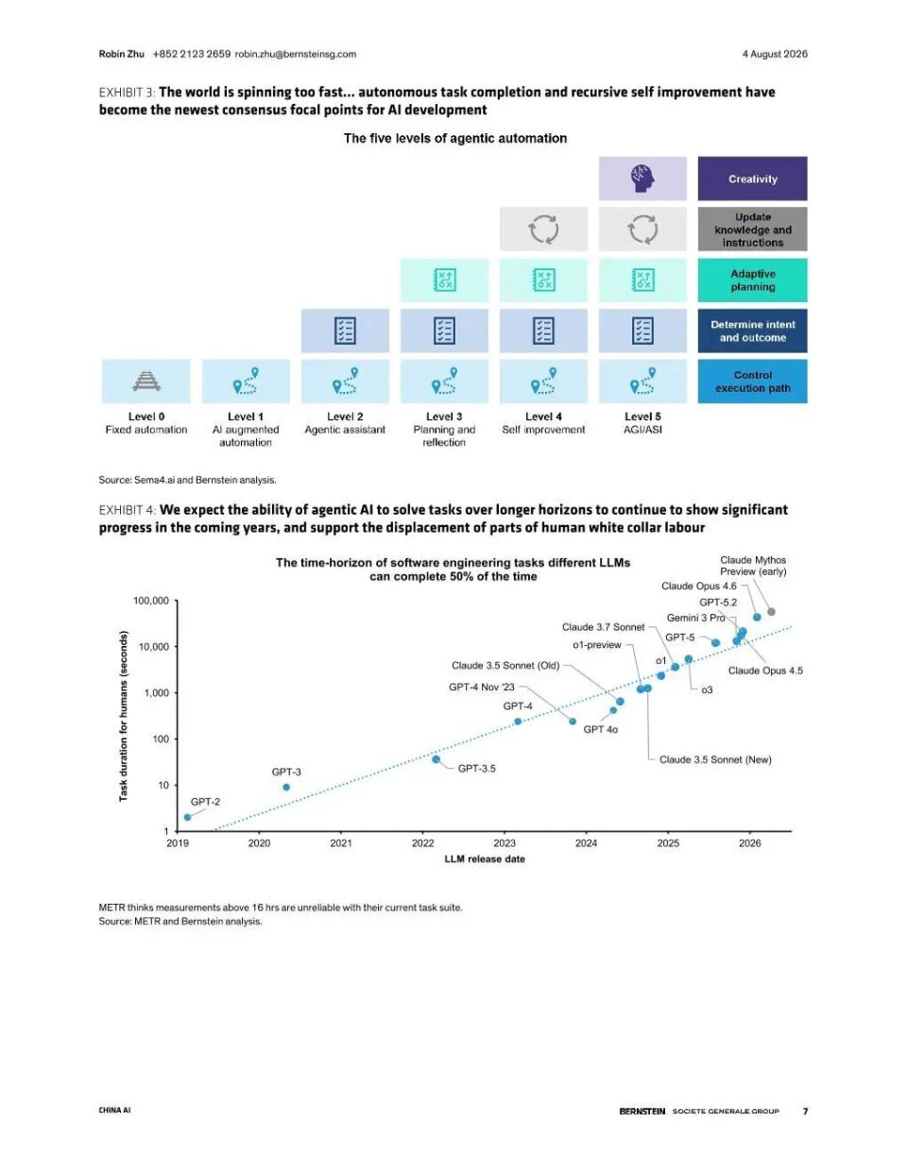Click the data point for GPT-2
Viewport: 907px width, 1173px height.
click(187, 817)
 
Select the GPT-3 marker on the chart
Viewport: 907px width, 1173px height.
click(286, 787)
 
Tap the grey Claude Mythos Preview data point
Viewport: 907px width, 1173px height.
click(772, 612)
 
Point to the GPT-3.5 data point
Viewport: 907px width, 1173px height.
click(436, 759)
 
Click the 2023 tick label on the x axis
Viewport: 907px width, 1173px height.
click(505, 843)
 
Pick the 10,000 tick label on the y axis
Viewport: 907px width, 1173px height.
click(154, 647)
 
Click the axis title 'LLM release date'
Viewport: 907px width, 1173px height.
click(485, 858)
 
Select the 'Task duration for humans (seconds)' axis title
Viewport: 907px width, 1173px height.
click(124, 716)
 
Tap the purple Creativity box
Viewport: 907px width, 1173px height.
click(753, 178)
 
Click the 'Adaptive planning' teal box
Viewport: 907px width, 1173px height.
click(753, 280)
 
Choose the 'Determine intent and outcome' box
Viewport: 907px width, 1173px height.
click(753, 331)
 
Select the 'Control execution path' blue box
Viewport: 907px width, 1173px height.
click(753, 382)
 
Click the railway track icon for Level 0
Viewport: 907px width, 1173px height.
click(146, 382)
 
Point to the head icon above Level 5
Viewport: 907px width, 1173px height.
click(642, 178)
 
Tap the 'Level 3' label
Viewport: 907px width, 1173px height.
click(444, 416)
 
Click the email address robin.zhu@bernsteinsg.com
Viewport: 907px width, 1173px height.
click(296, 54)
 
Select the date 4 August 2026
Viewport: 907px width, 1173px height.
click(775, 54)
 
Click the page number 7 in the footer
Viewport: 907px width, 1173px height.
click(806, 1111)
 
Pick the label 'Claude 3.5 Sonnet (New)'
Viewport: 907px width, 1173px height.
click(715, 759)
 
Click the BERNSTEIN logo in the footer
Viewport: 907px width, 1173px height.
click(642, 1111)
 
